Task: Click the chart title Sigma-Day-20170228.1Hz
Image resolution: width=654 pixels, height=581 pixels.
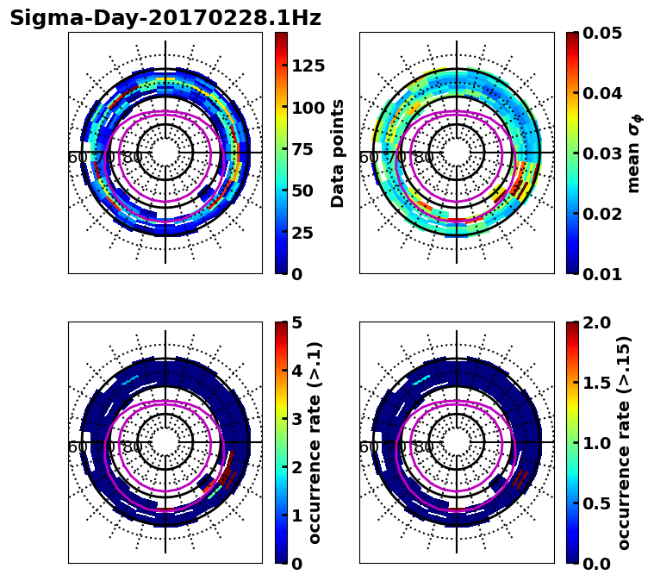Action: click(x=165, y=18)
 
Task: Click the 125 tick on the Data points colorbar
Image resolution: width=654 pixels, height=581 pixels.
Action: click(x=308, y=66)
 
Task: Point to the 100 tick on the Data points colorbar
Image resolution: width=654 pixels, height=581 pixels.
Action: click(x=308, y=108)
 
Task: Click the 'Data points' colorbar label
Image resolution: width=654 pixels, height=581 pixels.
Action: click(x=338, y=153)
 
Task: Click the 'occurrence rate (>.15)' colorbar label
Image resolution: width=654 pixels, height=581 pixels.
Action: click(x=625, y=442)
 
